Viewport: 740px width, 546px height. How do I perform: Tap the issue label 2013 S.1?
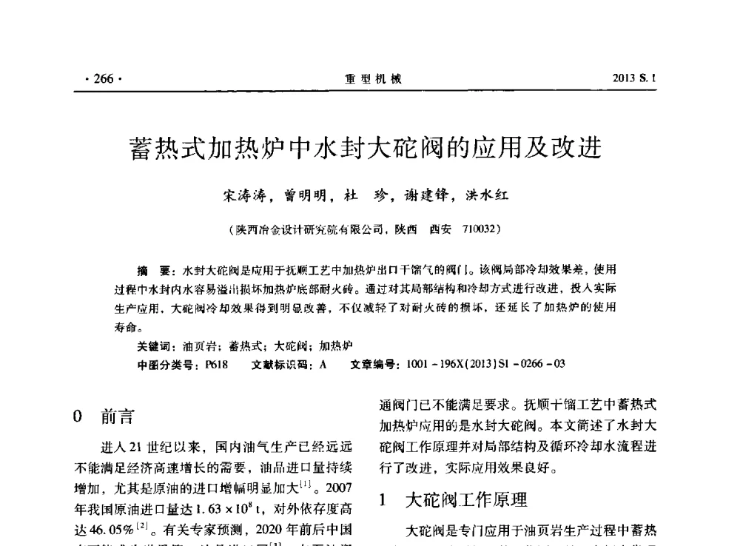[635, 79]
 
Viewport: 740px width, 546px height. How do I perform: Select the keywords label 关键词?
[155, 346]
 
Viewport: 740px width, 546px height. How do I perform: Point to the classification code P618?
[215, 363]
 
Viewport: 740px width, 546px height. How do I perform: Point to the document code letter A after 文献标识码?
[323, 363]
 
